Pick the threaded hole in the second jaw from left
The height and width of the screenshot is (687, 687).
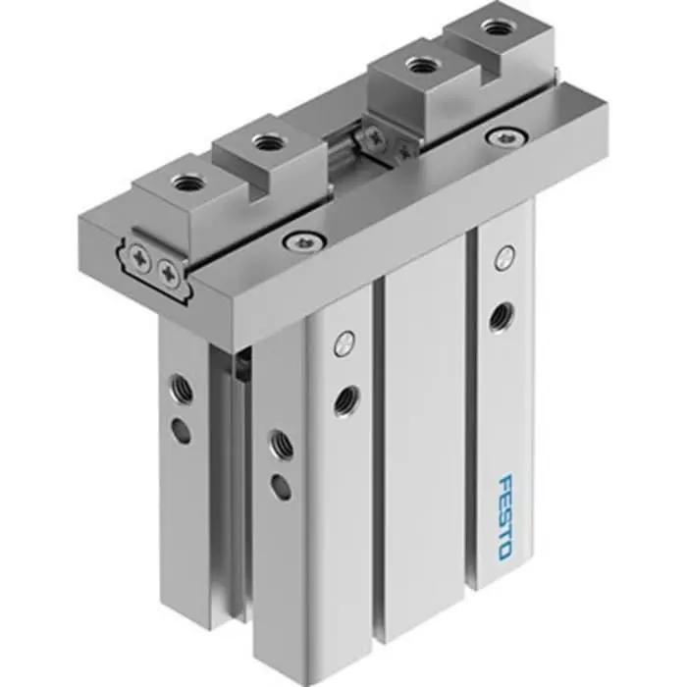point(265,143)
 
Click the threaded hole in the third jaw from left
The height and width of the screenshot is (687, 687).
point(422,68)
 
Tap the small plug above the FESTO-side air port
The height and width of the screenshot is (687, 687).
point(504,257)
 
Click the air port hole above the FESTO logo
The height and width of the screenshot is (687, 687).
point(500,313)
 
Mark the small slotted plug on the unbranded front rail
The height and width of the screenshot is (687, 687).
point(342,343)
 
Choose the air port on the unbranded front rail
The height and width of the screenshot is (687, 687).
point(343,398)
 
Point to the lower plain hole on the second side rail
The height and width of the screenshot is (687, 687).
point(282,485)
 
